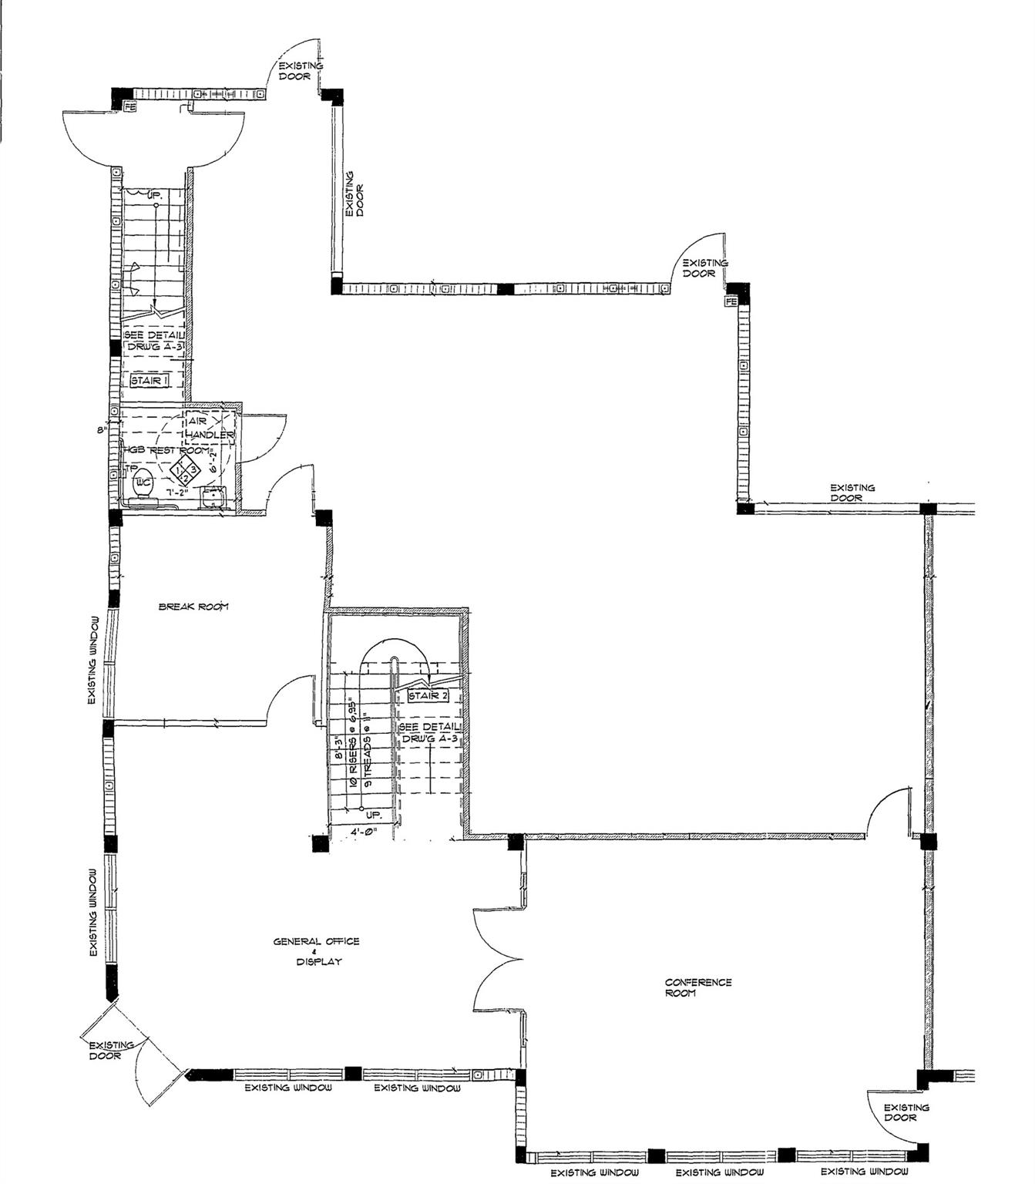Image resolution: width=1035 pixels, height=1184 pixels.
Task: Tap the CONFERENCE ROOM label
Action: click(698, 987)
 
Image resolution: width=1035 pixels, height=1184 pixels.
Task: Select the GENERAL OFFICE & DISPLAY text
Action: click(316, 951)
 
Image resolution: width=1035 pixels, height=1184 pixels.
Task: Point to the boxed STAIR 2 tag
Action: click(428, 696)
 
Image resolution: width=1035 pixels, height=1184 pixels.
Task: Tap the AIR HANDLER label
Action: click(208, 429)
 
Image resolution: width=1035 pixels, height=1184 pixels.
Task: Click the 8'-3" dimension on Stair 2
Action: click(338, 749)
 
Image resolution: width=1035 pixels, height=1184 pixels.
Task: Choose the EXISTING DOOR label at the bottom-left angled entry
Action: click(111, 1050)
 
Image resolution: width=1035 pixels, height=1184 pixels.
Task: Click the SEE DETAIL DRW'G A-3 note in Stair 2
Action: click(430, 732)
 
